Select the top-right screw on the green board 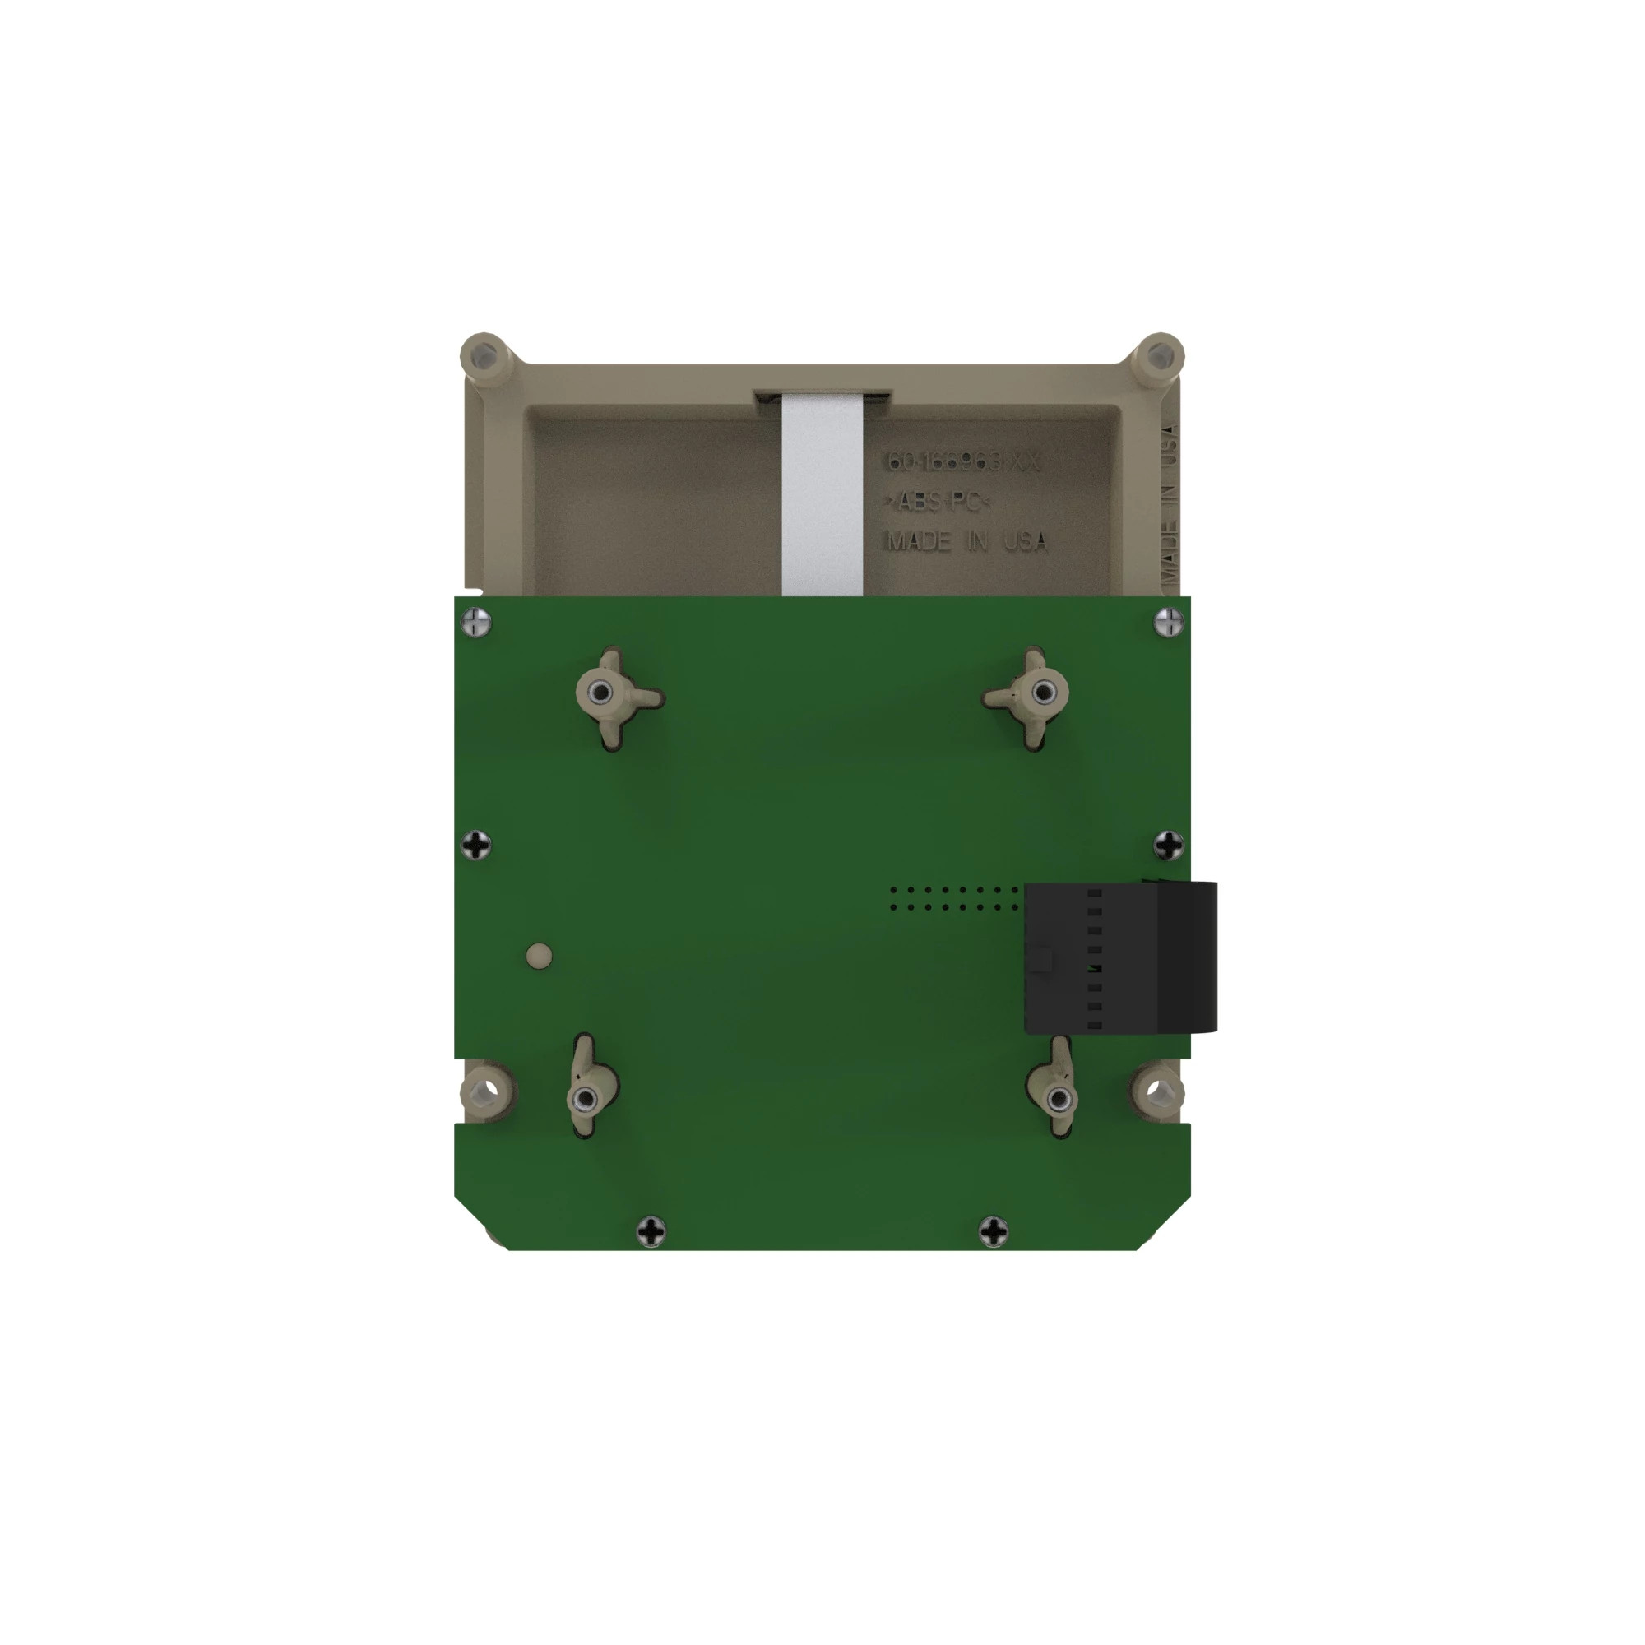coord(1169,623)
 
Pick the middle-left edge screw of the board coord(477,846)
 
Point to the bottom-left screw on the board coord(652,1230)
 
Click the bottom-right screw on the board coord(994,1230)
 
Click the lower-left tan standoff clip coord(586,1097)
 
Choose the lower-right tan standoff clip coord(1057,1099)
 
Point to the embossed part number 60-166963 coord(964,462)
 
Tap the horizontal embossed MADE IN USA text coord(967,541)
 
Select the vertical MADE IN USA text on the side coord(1169,511)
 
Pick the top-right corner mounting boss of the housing coord(1158,356)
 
